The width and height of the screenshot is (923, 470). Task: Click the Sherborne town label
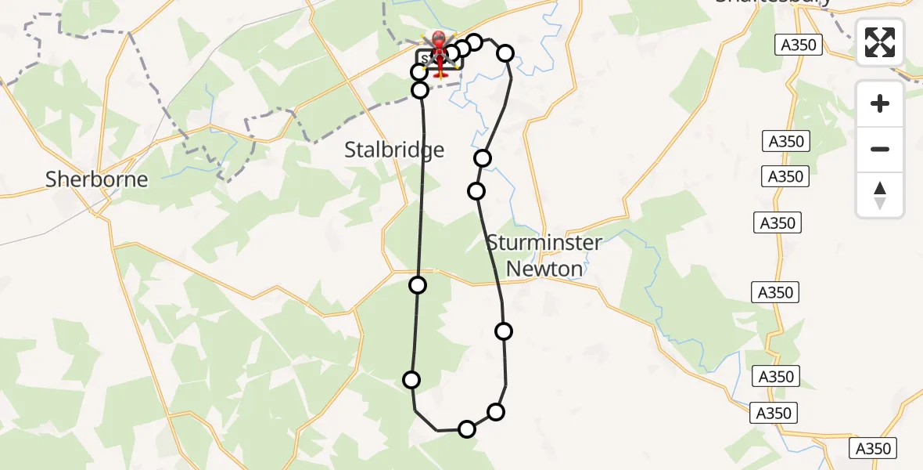click(x=96, y=179)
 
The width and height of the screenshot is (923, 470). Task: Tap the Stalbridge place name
click(x=394, y=150)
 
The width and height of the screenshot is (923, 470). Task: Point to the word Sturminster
click(x=544, y=243)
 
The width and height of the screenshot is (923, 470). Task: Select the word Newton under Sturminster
click(x=544, y=269)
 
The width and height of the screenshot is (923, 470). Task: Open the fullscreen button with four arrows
click(x=880, y=42)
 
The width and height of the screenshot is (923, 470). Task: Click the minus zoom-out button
click(x=880, y=149)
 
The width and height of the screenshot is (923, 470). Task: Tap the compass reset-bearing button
click(x=880, y=195)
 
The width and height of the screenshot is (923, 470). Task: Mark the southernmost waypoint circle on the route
click(x=467, y=428)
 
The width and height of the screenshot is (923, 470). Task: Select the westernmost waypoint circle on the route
click(x=411, y=380)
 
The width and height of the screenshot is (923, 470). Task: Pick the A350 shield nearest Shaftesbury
click(x=799, y=45)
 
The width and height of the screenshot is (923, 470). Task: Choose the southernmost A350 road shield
click(x=873, y=449)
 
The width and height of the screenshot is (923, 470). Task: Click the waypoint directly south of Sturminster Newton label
click(x=504, y=331)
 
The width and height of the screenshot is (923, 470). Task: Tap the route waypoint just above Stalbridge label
click(x=420, y=90)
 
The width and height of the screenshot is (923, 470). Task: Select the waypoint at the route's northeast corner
click(x=505, y=53)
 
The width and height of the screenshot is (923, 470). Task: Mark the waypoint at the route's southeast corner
click(x=496, y=412)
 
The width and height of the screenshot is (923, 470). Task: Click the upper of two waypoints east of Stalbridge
click(x=483, y=158)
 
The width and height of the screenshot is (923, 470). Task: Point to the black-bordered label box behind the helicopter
click(x=426, y=60)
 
